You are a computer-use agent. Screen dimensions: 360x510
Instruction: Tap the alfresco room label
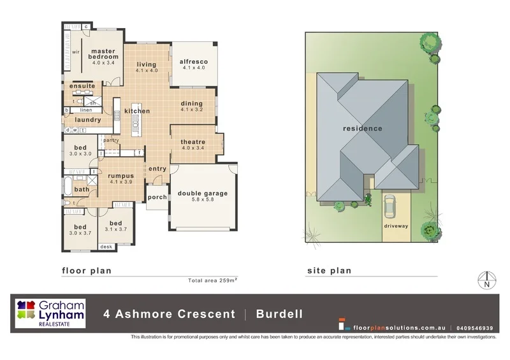pyautogui.click(x=194, y=61)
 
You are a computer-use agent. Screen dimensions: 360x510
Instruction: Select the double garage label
pyautogui.click(x=202, y=194)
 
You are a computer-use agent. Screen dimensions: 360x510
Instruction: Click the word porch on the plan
pyautogui.click(x=157, y=198)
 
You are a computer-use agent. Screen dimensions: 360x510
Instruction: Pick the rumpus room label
pyautogui.click(x=120, y=175)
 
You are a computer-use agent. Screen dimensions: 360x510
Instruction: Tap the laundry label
pyautogui.click(x=87, y=119)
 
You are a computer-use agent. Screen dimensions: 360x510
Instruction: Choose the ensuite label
pyautogui.click(x=82, y=86)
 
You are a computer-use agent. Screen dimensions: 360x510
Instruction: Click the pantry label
pyautogui.click(x=111, y=140)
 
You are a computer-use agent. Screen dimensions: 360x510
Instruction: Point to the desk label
pyautogui.click(x=106, y=247)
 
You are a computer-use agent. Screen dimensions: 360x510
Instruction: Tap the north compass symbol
pyautogui.click(x=487, y=280)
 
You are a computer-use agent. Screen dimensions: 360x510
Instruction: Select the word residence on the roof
pyautogui.click(x=363, y=128)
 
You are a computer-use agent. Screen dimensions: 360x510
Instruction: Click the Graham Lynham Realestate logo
pyautogui.click(x=50, y=313)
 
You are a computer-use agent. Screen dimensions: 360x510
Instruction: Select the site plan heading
pyautogui.click(x=328, y=270)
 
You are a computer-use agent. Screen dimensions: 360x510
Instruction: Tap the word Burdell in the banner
pyautogui.click(x=279, y=313)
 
